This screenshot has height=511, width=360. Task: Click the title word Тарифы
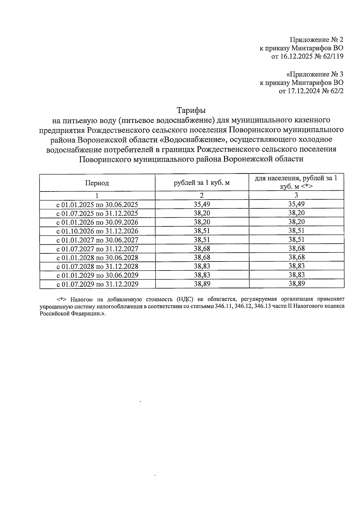pyautogui.click(x=191, y=110)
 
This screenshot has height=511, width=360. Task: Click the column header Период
pyautogui.click(x=97, y=183)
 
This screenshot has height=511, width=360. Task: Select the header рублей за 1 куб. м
pyautogui.click(x=202, y=183)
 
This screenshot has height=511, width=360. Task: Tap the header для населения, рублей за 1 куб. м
pyautogui.click(x=296, y=182)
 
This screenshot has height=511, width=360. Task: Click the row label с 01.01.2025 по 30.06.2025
pyautogui.click(x=97, y=205)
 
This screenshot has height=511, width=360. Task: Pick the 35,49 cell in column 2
pyautogui.click(x=202, y=204)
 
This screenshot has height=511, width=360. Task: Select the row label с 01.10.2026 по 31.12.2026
pyautogui.click(x=97, y=231)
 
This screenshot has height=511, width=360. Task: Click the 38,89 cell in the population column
pyautogui.click(x=296, y=283)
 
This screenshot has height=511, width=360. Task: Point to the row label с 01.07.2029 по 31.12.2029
pyautogui.click(x=97, y=284)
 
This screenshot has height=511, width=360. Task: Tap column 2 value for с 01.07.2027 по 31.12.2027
pyautogui.click(x=202, y=248)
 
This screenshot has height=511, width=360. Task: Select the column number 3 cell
pyautogui.click(x=296, y=195)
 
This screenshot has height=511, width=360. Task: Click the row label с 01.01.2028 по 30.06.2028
pyautogui.click(x=97, y=258)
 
